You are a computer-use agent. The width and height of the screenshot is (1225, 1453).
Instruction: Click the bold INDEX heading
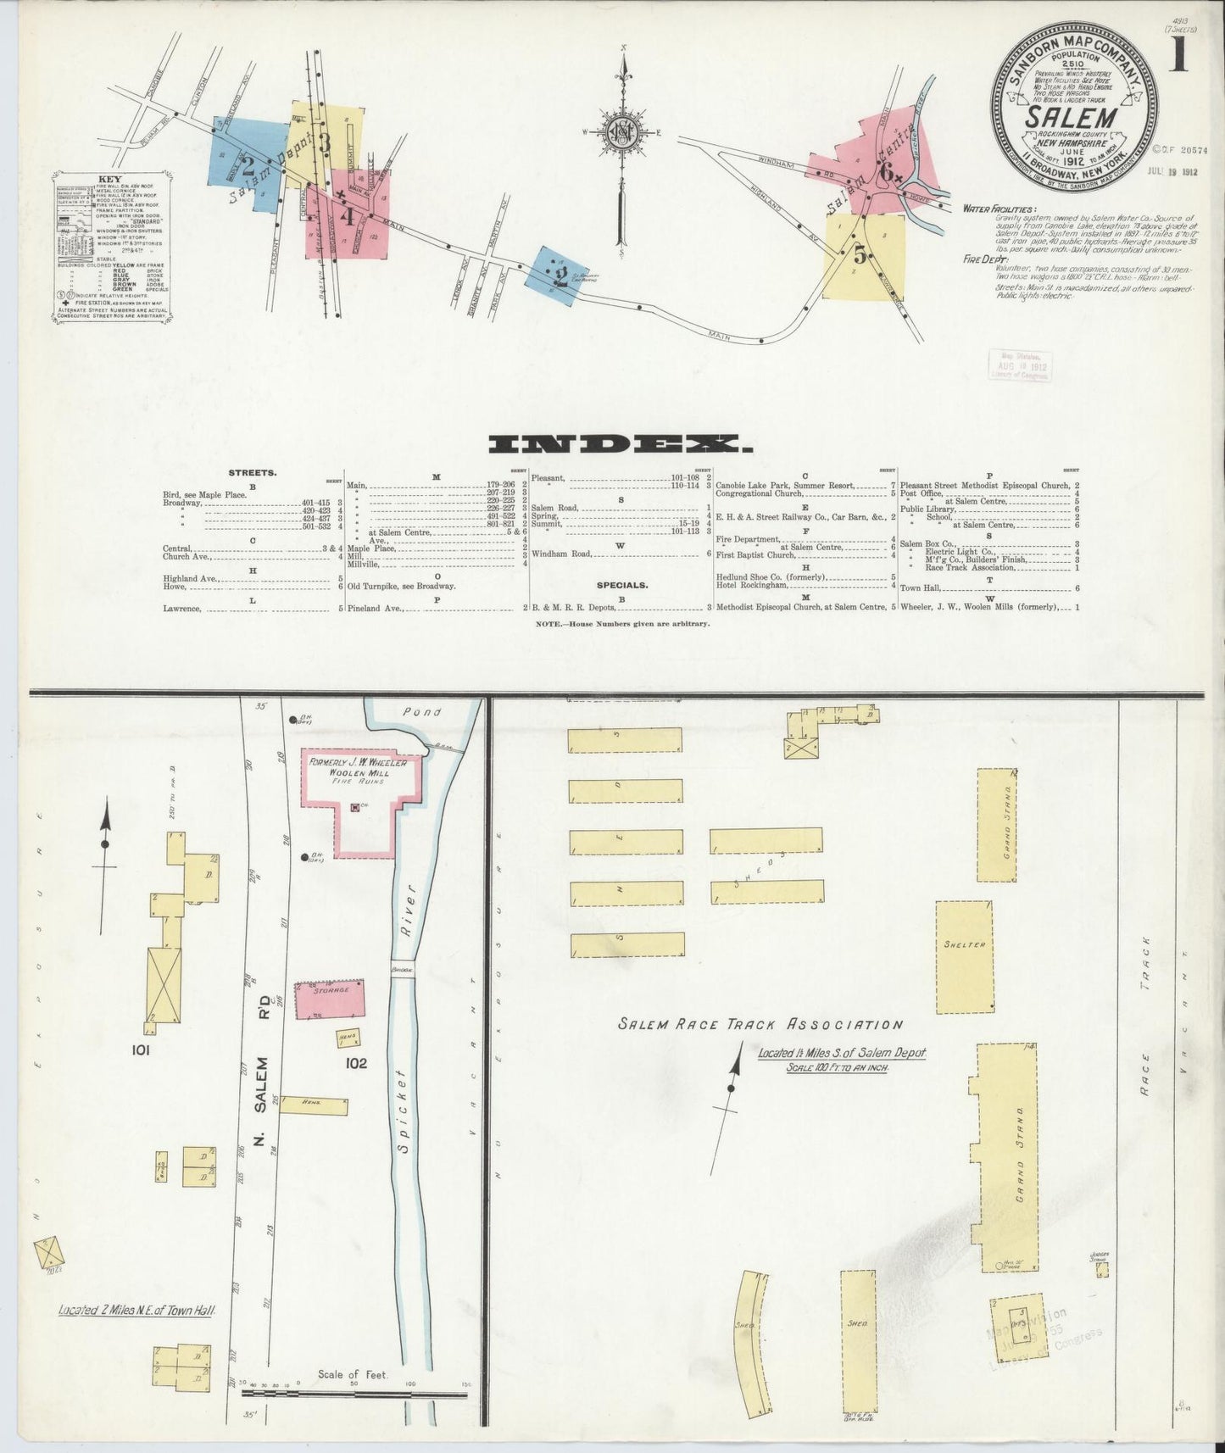coord(620,444)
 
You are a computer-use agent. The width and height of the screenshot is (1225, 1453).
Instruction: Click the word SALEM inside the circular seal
coord(1073,114)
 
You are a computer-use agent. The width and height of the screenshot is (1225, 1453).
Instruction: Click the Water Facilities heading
coord(999,209)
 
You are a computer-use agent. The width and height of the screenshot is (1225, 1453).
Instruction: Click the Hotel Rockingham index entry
coord(753,585)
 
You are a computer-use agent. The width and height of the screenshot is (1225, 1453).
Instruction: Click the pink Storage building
coord(330,1001)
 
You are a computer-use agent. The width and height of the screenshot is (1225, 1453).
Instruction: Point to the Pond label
coord(421,712)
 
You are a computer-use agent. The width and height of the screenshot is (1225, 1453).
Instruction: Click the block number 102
coord(356,1062)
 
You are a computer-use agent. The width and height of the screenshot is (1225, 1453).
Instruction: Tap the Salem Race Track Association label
coord(760,1024)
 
